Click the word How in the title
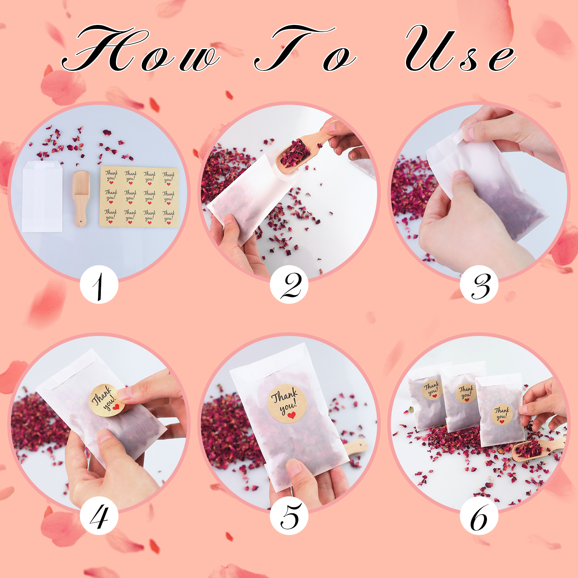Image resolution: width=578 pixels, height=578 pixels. click(x=141, y=48)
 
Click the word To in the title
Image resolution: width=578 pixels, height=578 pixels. click(x=305, y=48)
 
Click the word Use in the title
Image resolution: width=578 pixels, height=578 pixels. click(x=461, y=48)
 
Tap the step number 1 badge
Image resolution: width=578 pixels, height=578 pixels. click(x=99, y=285)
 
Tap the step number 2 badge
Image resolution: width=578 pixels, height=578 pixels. click(x=289, y=285)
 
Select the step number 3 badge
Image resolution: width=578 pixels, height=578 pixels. click(x=479, y=285)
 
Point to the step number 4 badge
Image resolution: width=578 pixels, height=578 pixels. click(x=99, y=516)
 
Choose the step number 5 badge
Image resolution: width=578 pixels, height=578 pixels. click(x=289, y=516)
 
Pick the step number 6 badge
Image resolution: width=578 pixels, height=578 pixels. click(x=479, y=516)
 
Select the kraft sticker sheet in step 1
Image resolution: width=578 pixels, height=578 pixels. click(x=139, y=197)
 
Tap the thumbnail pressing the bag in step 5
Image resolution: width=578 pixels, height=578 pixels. click(x=294, y=467)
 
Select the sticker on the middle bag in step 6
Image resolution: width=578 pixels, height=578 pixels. click(x=466, y=393)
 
